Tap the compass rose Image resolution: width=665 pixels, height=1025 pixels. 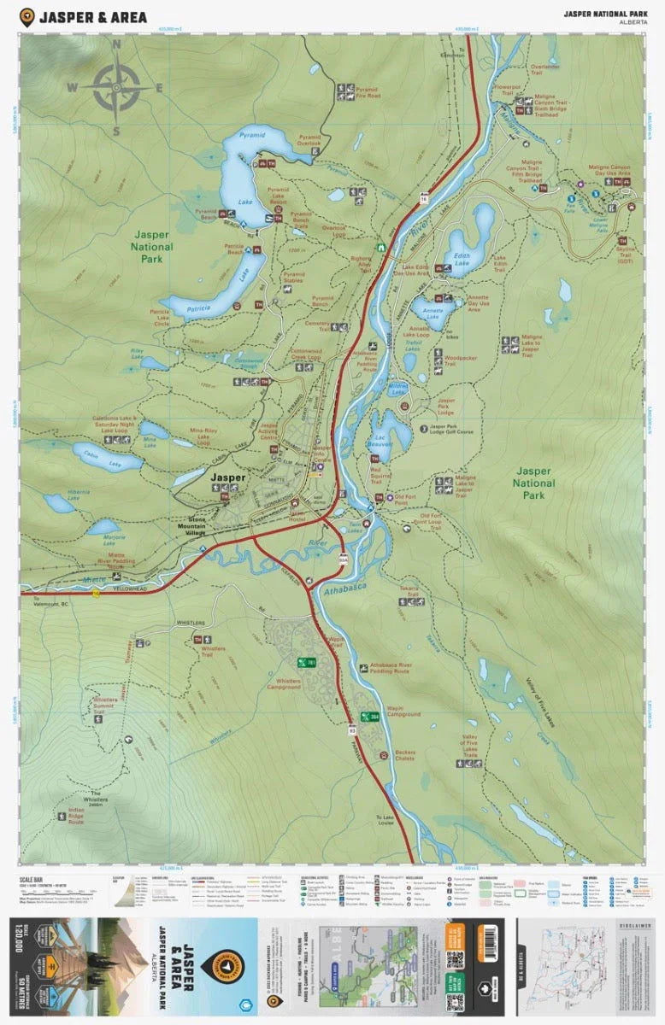tap(117, 87)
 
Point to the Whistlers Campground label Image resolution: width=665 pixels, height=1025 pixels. tap(284, 683)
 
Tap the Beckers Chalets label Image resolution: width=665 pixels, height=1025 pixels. tap(404, 756)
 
